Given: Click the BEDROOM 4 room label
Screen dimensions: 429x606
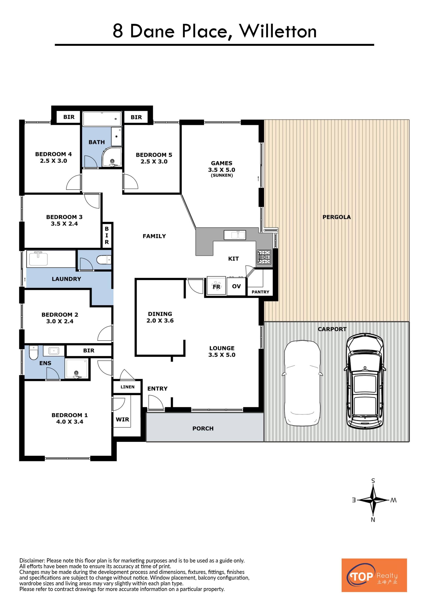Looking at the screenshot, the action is coord(53,154).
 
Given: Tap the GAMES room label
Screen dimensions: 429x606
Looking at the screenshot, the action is coord(222,163).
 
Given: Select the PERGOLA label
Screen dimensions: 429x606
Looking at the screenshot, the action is coord(336,217).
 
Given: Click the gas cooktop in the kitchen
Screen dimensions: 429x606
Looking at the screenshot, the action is coord(264,257).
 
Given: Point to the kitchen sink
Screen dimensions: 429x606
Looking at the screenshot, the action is coord(235,235).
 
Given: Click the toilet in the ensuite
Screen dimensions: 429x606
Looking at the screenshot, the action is coord(34,352).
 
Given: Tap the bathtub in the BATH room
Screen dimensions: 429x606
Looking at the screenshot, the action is coord(102,119).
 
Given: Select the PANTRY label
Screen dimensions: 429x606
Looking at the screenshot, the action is coord(260,292).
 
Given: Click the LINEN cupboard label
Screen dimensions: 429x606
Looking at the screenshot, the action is coord(127,387).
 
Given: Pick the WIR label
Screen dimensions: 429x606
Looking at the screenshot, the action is coord(123,419).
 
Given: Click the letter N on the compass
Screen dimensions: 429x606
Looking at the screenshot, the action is coord(373,520).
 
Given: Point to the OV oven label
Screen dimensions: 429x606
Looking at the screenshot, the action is coord(236,286).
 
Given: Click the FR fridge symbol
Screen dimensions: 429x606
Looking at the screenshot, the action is coord(216,286).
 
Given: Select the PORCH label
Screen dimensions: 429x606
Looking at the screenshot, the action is coord(203,429).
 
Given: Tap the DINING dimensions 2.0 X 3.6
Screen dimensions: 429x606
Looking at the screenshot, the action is coord(160,321).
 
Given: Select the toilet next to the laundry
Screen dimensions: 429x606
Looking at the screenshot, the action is coord(104,260).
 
